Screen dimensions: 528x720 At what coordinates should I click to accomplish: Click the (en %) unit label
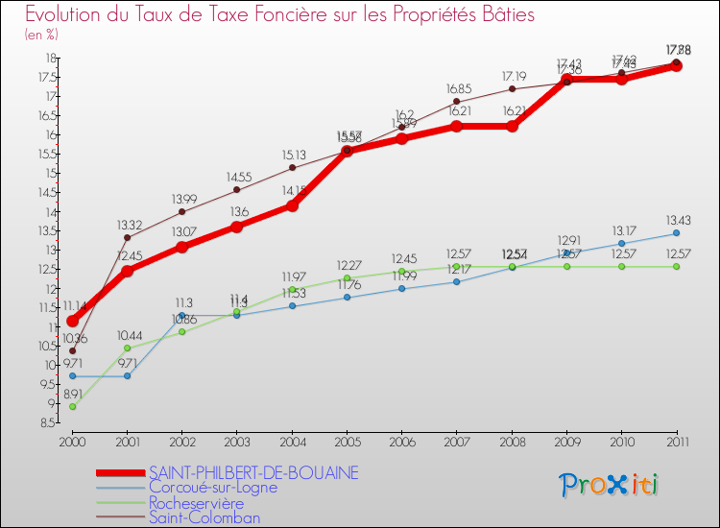pyautogui.click(x=41, y=35)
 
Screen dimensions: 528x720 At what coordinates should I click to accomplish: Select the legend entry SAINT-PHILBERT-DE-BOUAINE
pyautogui.click(x=253, y=472)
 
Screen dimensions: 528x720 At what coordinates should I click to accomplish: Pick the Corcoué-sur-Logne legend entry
pyautogui.click(x=212, y=487)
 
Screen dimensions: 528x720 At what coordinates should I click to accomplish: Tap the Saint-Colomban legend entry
pyautogui.click(x=204, y=517)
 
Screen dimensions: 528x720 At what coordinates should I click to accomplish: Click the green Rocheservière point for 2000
pyautogui.click(x=72, y=406)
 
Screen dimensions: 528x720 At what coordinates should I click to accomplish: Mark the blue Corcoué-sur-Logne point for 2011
pyautogui.click(x=676, y=233)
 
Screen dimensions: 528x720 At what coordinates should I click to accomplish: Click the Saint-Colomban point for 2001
pyautogui.click(x=127, y=237)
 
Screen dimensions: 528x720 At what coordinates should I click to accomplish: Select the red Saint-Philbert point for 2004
pyautogui.click(x=292, y=205)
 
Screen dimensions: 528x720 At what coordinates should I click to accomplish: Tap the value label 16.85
pyautogui.click(x=456, y=88)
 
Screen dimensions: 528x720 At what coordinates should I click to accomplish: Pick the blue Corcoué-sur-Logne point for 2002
pyautogui.click(x=181, y=315)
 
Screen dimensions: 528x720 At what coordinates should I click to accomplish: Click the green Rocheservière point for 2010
pyautogui.click(x=621, y=266)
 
